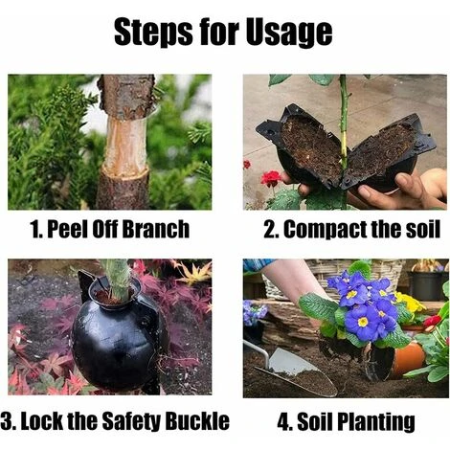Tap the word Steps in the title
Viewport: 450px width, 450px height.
tap(153, 32)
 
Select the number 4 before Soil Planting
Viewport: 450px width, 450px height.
tap(282, 421)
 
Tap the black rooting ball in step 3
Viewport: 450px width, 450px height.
tap(118, 337)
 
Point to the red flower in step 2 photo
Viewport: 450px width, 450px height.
tap(271, 178)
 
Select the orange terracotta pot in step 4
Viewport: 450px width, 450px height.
tap(408, 359)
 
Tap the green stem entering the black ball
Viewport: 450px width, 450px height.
tap(117, 280)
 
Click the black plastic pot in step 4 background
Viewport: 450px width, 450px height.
tap(426, 285)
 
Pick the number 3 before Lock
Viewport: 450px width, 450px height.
tap(7, 421)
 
